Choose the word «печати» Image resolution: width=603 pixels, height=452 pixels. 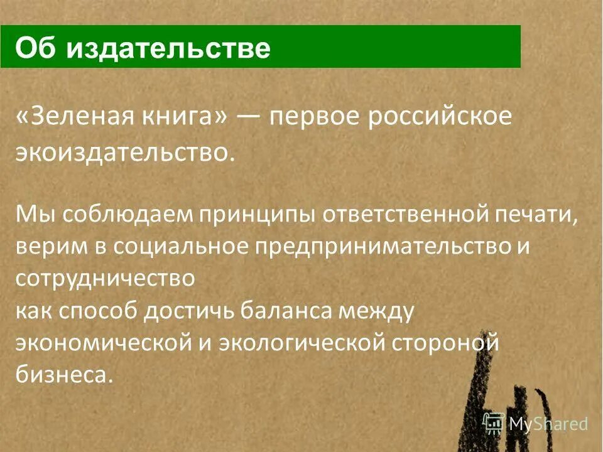point(537,213)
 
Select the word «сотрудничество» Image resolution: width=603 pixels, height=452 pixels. point(105,279)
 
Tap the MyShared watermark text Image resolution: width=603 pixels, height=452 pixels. point(548,424)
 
